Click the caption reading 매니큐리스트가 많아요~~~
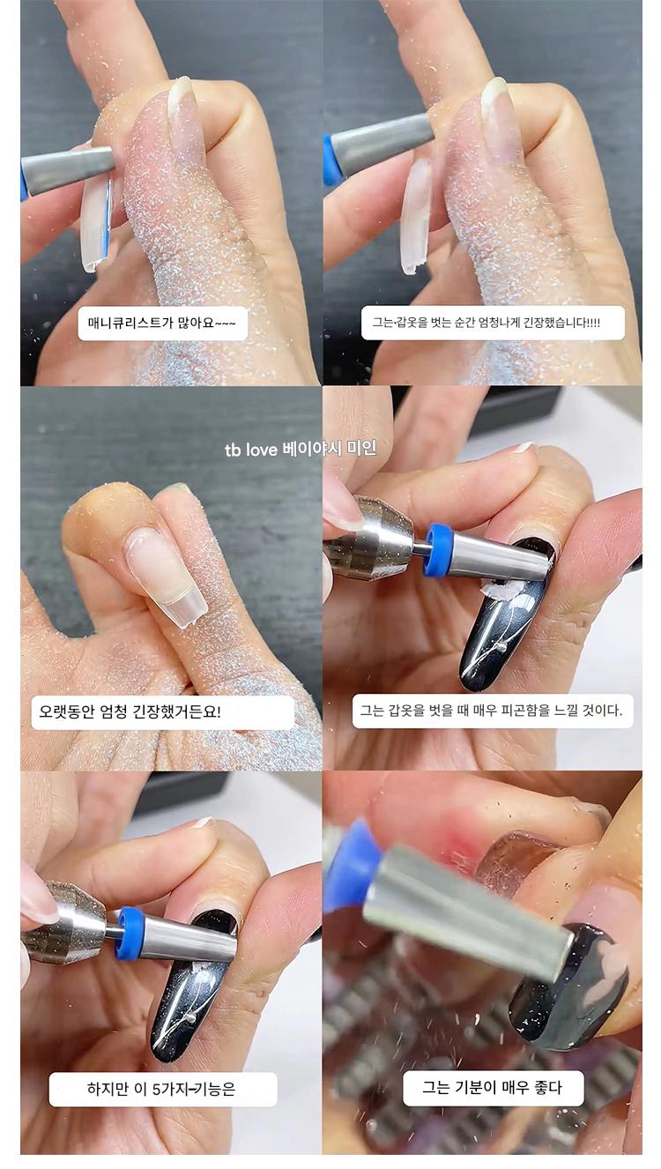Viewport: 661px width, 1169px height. (162, 324)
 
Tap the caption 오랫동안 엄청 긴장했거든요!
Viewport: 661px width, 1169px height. (130, 711)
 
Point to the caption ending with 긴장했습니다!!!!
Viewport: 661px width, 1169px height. (486, 323)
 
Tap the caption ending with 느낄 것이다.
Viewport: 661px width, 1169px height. (492, 711)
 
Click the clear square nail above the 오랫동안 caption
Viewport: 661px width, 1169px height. (167, 579)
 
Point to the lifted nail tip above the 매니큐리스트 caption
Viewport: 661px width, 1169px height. (96, 225)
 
